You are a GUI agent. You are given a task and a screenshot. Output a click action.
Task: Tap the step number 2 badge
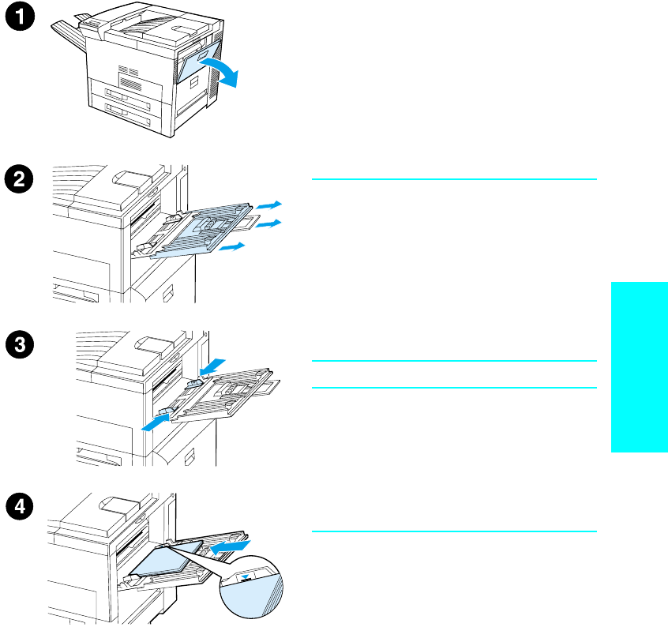coord(24,179)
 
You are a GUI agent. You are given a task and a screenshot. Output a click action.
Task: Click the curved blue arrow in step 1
coord(222,70)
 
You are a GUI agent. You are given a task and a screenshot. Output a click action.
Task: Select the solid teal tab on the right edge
coord(639,367)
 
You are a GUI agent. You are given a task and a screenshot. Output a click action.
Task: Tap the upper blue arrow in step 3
coord(212,366)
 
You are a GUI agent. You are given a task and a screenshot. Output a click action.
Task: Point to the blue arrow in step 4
coord(232,546)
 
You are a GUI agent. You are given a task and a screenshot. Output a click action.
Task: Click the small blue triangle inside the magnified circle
coord(250,576)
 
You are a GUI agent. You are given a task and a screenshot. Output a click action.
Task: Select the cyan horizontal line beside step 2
coord(453,179)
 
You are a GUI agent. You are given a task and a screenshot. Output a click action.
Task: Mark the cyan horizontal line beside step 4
coord(453,531)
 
